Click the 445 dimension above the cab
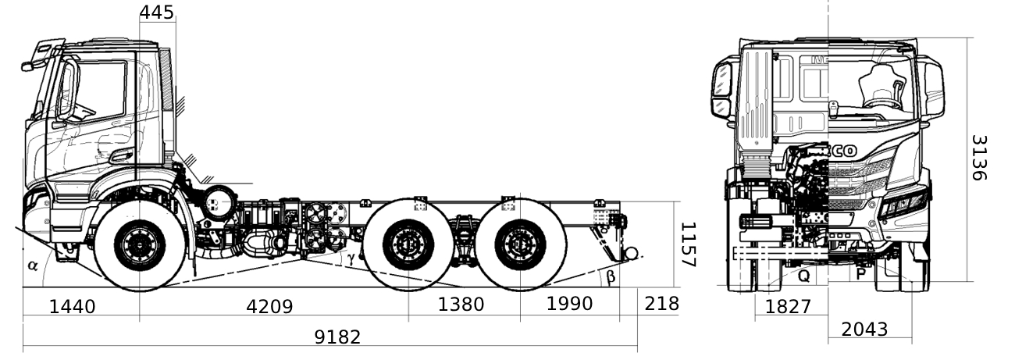pos(158,11)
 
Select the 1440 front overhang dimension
pos(72,306)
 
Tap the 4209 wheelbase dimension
pos(269,306)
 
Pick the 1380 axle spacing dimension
pos(461,304)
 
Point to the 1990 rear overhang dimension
pos(569,304)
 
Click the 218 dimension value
pos(661,304)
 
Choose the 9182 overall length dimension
pos(337,337)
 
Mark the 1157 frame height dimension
pos(687,244)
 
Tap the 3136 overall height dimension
pos(979,158)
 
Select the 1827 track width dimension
pos(788,307)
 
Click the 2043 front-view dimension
pos(864,330)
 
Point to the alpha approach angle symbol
pos(33,265)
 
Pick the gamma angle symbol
pos(351,256)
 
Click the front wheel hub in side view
pos(141,245)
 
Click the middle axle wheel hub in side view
pos(408,245)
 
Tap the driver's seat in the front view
pos(882,86)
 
